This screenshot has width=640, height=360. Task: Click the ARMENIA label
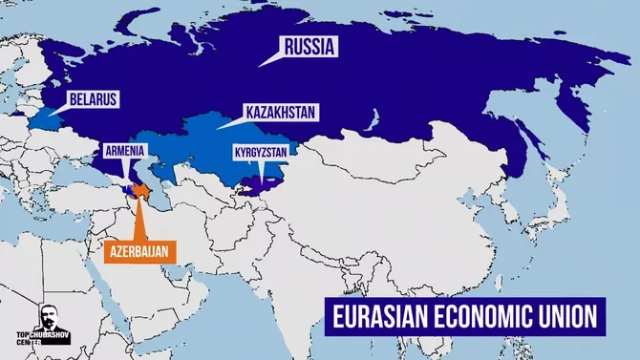(x=123, y=150)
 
